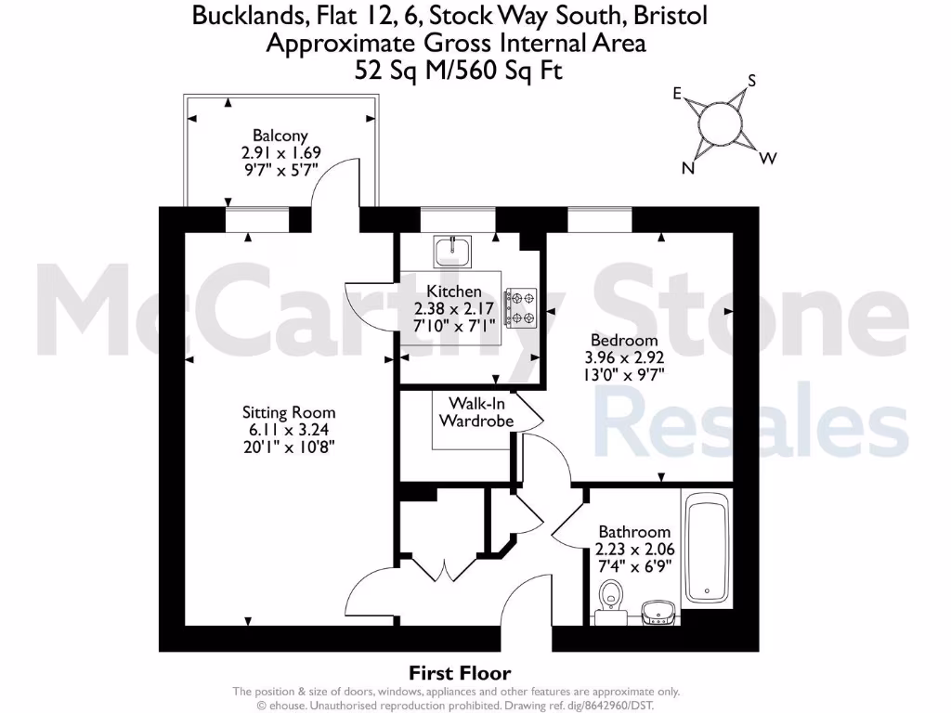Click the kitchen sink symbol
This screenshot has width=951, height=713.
point(453,249)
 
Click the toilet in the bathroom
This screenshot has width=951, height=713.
point(611,596)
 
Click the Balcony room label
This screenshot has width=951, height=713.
point(280,136)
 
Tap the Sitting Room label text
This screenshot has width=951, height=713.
point(289,412)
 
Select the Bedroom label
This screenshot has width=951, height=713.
point(623,341)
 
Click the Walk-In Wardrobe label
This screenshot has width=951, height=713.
point(475,412)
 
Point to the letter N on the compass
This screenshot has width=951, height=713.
point(689,168)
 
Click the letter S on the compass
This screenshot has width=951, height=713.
point(751,81)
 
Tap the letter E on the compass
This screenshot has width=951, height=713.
point(678,93)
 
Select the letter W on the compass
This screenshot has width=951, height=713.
point(767,158)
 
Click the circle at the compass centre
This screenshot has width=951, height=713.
point(721,123)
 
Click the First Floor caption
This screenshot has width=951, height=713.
point(460,673)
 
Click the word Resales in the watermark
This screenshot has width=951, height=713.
point(750,423)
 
